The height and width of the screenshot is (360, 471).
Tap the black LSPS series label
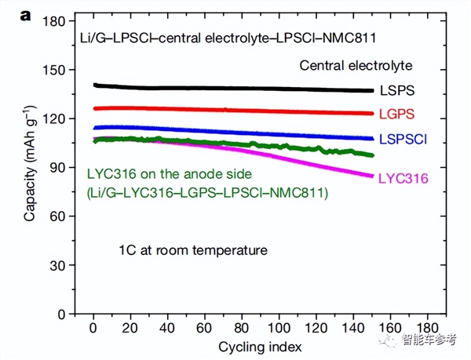tap(398, 91)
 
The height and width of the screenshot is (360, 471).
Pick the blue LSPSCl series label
tap(403, 139)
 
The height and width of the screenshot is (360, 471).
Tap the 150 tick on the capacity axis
tap(53, 70)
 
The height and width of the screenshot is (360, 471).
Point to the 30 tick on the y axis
tap(56, 265)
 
